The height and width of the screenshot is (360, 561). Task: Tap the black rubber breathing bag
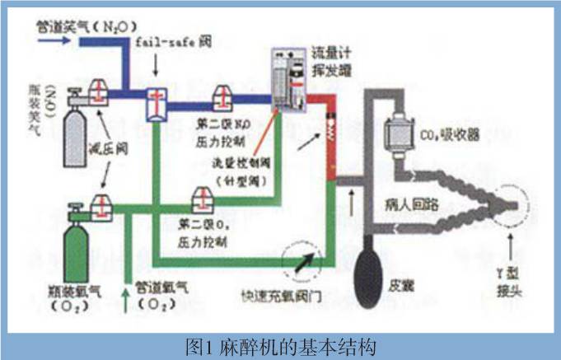point(376,264)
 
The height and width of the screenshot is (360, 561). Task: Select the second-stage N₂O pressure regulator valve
point(221,96)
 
